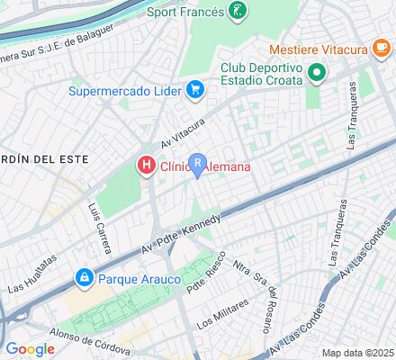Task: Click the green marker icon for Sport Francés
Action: (237, 12)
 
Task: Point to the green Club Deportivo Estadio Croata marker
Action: (316, 73)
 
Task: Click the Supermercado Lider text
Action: (126, 90)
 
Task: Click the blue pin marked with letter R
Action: (197, 165)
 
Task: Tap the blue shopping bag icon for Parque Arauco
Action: (84, 277)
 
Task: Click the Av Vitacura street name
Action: (184, 132)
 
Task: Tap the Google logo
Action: (30, 348)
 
